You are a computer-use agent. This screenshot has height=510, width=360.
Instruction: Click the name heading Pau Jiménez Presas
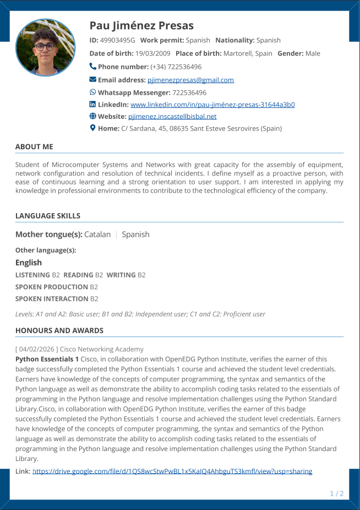point(141,26)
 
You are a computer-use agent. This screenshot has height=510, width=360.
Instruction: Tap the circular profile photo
point(46,47)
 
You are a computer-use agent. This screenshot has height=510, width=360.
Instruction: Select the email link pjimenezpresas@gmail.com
point(190,80)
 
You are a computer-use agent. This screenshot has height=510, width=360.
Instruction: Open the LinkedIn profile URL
point(212,105)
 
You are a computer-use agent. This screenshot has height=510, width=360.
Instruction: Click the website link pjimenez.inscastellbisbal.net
point(172,116)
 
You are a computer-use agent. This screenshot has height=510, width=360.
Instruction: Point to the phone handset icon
point(92,67)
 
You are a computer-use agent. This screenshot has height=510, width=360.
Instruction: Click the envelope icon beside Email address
point(92,80)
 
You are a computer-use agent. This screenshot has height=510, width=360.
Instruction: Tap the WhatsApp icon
point(92,92)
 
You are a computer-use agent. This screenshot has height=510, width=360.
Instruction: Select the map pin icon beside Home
point(92,128)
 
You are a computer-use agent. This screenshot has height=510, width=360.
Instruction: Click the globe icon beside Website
point(92,116)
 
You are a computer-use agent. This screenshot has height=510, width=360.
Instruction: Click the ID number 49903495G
point(118,40)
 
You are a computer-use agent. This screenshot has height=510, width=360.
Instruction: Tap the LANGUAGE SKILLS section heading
point(48,216)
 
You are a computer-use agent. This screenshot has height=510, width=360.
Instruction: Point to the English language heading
point(29,263)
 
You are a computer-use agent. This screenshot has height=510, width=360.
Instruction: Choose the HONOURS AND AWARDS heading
point(59,330)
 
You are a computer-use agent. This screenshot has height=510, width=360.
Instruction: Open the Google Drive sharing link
point(172,471)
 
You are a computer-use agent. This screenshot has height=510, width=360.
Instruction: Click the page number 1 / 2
point(336,493)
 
